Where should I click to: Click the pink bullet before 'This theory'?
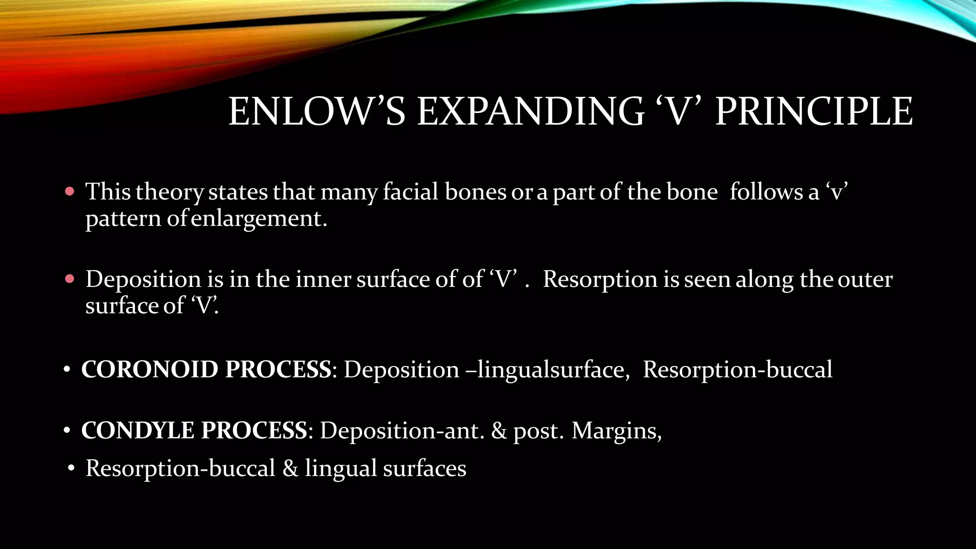(x=70, y=192)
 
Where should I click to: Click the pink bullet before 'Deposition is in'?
(x=70, y=279)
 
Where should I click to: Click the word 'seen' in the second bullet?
(x=707, y=279)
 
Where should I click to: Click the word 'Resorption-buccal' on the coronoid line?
(x=737, y=370)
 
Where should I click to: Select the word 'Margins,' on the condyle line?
(x=617, y=431)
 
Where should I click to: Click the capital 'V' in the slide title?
(x=680, y=112)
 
